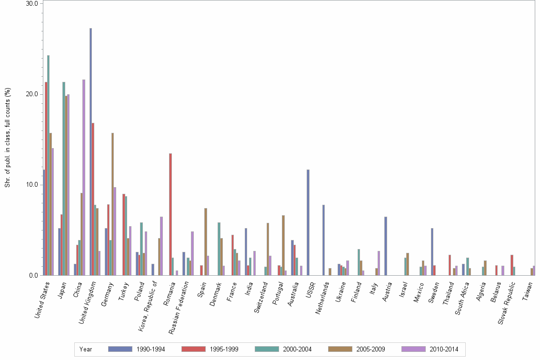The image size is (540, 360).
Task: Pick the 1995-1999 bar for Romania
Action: click(x=170, y=214)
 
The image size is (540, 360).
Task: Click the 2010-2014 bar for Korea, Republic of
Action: click(x=161, y=246)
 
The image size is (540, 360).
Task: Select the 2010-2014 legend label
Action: click(x=443, y=349)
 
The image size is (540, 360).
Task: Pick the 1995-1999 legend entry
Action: click(x=210, y=349)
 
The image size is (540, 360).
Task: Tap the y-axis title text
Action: click(x=8, y=138)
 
